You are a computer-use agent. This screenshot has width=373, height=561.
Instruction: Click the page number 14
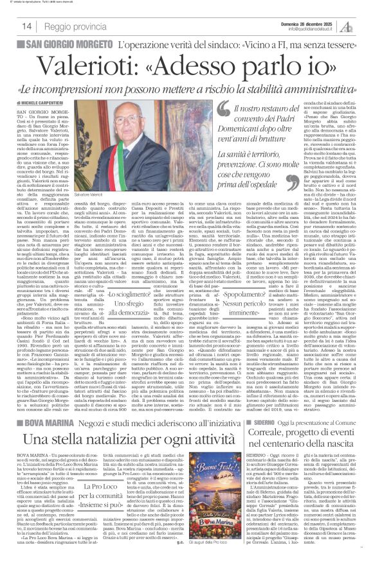click(x=28, y=25)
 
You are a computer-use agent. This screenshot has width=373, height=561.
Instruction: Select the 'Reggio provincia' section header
click(x=79, y=25)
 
